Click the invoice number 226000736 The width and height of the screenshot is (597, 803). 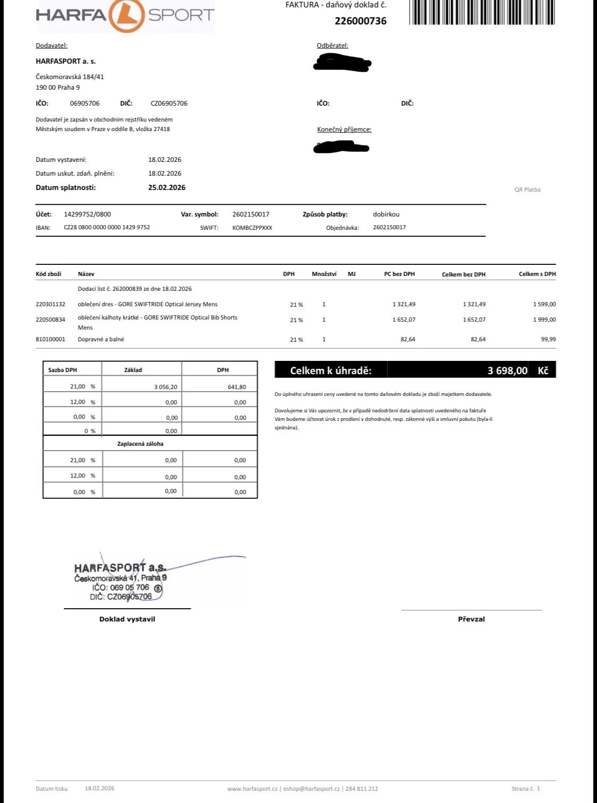[360, 21]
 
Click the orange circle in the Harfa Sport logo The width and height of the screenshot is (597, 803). [126, 15]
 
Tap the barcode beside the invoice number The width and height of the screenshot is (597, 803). [482, 12]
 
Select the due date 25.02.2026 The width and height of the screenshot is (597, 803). [167, 187]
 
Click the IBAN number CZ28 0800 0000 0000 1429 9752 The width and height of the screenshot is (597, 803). [107, 227]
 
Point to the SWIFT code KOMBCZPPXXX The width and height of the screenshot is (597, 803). [252, 228]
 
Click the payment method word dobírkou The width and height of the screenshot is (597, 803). [386, 214]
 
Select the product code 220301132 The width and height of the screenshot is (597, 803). [50, 304]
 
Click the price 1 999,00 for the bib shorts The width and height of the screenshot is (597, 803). [544, 320]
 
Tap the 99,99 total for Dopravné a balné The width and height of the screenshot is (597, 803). [548, 339]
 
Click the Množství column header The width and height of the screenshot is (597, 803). [324, 274]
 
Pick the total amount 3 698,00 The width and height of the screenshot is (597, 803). [507, 370]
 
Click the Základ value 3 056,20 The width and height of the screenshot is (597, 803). [166, 387]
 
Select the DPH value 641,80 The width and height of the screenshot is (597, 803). [237, 387]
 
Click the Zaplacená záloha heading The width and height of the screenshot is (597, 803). [140, 444]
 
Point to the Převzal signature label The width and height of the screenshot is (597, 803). [471, 619]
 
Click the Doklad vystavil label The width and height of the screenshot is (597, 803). [127, 619]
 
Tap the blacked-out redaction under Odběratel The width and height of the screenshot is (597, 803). [342, 64]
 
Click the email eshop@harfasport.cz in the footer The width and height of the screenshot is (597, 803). [311, 789]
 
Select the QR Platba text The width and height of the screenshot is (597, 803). [527, 189]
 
